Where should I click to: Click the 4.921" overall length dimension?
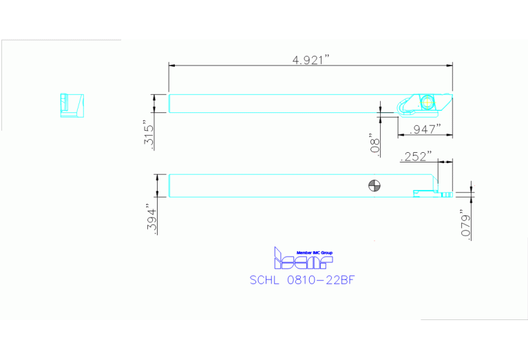point(311,59)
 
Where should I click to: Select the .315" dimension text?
point(149,133)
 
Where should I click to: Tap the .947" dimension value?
point(424,129)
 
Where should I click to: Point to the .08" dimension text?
point(375,143)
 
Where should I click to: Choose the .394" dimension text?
point(151,219)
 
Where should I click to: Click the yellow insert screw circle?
point(428,101)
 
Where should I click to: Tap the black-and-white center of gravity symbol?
point(374,185)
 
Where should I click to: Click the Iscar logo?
point(303,259)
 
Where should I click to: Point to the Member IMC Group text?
point(313,253)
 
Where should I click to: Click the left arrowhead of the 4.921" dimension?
point(172,65)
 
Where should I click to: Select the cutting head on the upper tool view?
point(423,104)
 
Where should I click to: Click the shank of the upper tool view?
point(275,103)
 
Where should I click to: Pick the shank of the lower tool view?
point(275,186)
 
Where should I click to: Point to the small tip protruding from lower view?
point(446,195)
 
